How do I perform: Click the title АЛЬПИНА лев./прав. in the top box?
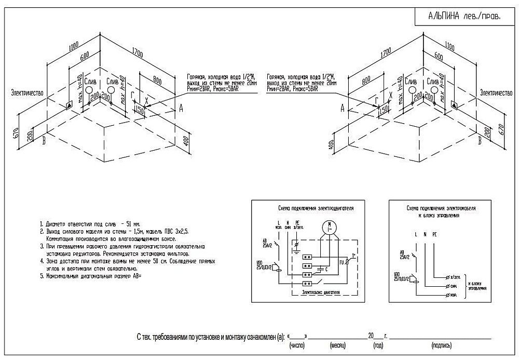click(464, 17)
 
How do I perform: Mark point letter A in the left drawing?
click(181, 108)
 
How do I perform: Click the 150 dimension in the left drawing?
click(139, 110)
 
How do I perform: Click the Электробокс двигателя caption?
click(321, 293)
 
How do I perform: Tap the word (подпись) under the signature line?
click(440, 345)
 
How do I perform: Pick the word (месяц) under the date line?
click(338, 345)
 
